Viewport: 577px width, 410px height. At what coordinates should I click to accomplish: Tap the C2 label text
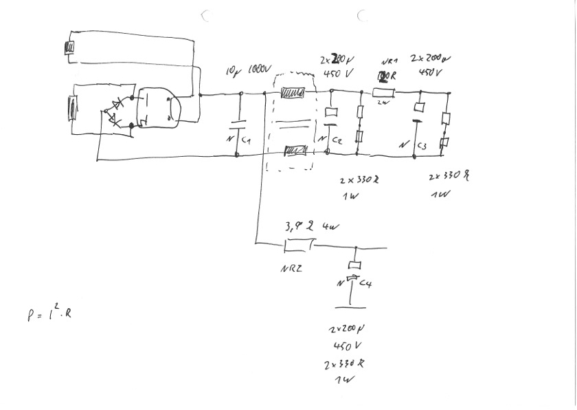point(337,140)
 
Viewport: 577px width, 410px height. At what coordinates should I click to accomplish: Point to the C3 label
point(422,146)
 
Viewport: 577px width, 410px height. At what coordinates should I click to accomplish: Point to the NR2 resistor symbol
point(299,244)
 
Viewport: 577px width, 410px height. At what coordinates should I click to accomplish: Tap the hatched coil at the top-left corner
point(69,47)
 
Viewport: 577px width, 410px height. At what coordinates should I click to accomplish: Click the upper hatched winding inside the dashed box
point(294,93)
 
